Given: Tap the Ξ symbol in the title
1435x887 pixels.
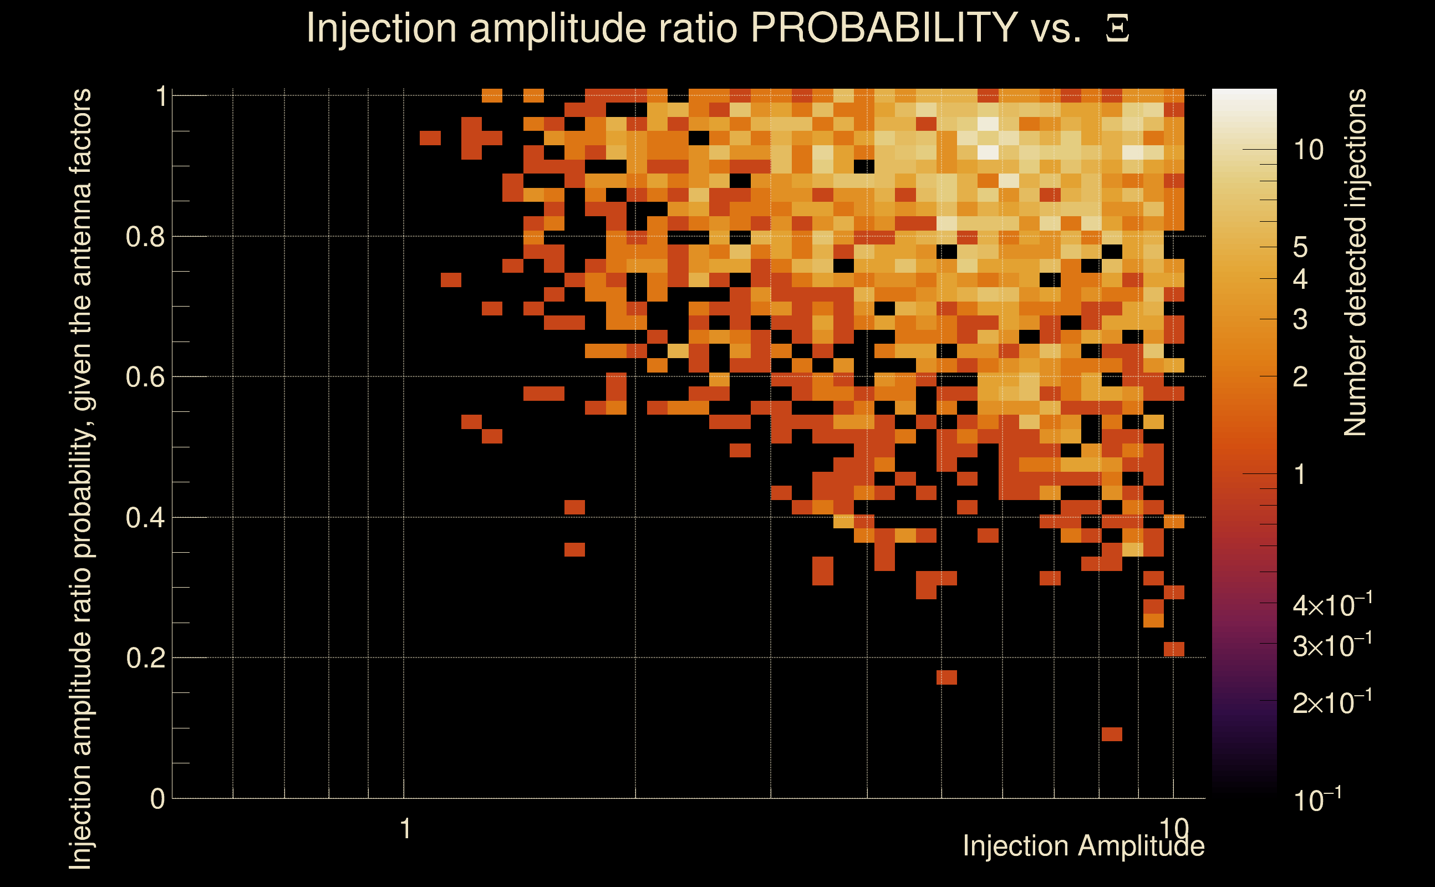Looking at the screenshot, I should [x=1117, y=28].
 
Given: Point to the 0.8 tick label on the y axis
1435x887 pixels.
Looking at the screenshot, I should [x=145, y=237].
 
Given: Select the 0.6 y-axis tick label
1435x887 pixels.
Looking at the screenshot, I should [x=145, y=377].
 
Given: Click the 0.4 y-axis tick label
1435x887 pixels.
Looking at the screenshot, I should [x=145, y=518].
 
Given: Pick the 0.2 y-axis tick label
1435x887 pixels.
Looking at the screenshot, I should [x=145, y=658].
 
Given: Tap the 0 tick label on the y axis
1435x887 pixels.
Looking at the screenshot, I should [x=157, y=799].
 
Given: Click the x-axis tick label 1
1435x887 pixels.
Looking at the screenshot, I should [x=405, y=829].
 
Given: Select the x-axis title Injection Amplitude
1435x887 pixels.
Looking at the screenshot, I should [x=1083, y=846].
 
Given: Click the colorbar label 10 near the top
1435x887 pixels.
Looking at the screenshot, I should [x=1308, y=150].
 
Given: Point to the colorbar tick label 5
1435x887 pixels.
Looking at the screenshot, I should [x=1300, y=248].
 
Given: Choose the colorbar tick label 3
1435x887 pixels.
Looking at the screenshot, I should [x=1300, y=320].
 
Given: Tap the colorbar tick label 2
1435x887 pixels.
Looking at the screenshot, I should [x=1300, y=377].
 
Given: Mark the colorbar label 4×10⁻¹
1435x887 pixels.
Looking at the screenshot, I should [x=1332, y=605].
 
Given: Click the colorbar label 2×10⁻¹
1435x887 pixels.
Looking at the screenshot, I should [x=1332, y=703].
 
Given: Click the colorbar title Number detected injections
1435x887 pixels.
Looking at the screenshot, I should [x=1355, y=262].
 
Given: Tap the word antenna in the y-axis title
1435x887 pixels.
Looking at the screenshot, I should [x=81, y=224].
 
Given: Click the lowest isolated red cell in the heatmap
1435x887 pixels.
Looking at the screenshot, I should [x=1112, y=735].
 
